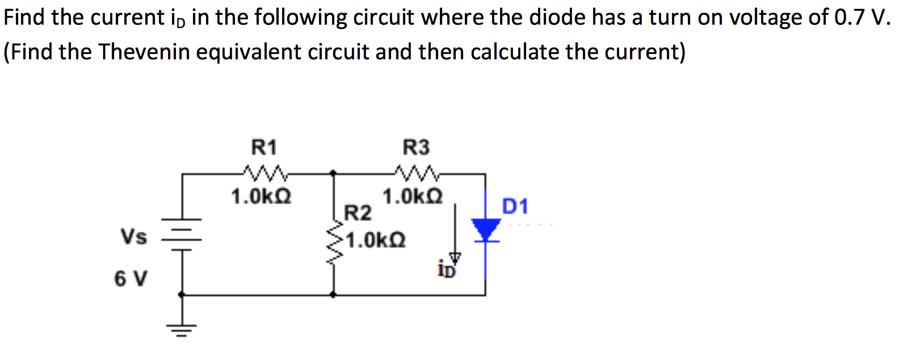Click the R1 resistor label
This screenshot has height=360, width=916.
(264, 148)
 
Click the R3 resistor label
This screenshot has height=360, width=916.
(416, 148)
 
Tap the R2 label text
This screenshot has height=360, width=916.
(358, 214)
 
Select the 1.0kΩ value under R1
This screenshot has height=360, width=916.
(261, 197)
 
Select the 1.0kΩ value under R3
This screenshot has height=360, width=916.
(413, 197)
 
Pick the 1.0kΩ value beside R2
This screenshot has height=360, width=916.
(376, 240)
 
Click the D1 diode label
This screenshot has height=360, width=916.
(515, 206)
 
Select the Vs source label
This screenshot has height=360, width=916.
(133, 236)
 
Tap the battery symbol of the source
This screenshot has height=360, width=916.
(182, 233)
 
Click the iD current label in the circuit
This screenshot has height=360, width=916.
(446, 270)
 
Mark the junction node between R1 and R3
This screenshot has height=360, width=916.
(333, 173)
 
